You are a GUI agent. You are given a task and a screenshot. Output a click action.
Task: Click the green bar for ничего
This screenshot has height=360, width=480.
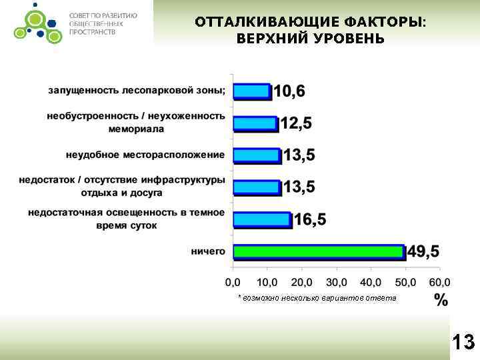(319, 252)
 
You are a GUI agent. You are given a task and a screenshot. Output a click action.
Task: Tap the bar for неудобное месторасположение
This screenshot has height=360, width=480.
(256, 155)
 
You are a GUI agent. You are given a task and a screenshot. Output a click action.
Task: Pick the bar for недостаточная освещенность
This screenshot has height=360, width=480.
(261, 219)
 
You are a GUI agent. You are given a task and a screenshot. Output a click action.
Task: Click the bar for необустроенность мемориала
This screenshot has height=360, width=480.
(254, 123)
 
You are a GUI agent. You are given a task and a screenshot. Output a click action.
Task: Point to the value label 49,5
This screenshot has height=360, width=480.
(424, 252)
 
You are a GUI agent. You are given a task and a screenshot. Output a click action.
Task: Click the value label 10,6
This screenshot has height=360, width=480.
(289, 91)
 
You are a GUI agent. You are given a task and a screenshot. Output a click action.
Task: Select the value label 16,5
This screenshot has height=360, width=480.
(310, 220)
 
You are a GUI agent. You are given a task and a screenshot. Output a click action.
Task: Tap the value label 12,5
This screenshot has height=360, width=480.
(295, 123)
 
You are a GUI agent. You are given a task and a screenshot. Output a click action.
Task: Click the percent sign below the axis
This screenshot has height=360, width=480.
(441, 299)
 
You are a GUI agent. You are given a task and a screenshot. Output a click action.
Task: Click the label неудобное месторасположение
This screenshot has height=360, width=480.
(145, 155)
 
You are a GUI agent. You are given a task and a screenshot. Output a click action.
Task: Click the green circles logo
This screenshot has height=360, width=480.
(31, 20)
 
